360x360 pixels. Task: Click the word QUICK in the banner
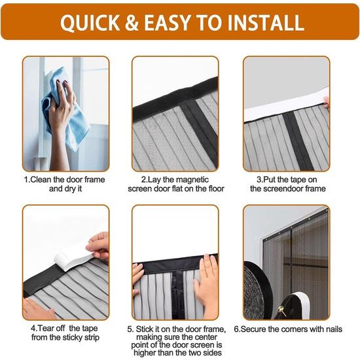pyautogui.click(x=90, y=22)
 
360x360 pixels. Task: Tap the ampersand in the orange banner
pyautogui.click(x=132, y=22)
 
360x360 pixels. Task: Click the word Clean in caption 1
pyautogui.click(x=41, y=179)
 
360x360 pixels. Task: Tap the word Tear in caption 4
pyautogui.click(x=45, y=329)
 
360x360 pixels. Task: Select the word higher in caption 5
pyautogui.click(x=146, y=353)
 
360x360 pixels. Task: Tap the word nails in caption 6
pyautogui.click(x=334, y=329)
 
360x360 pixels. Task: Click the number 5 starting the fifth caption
pyautogui.click(x=130, y=329)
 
